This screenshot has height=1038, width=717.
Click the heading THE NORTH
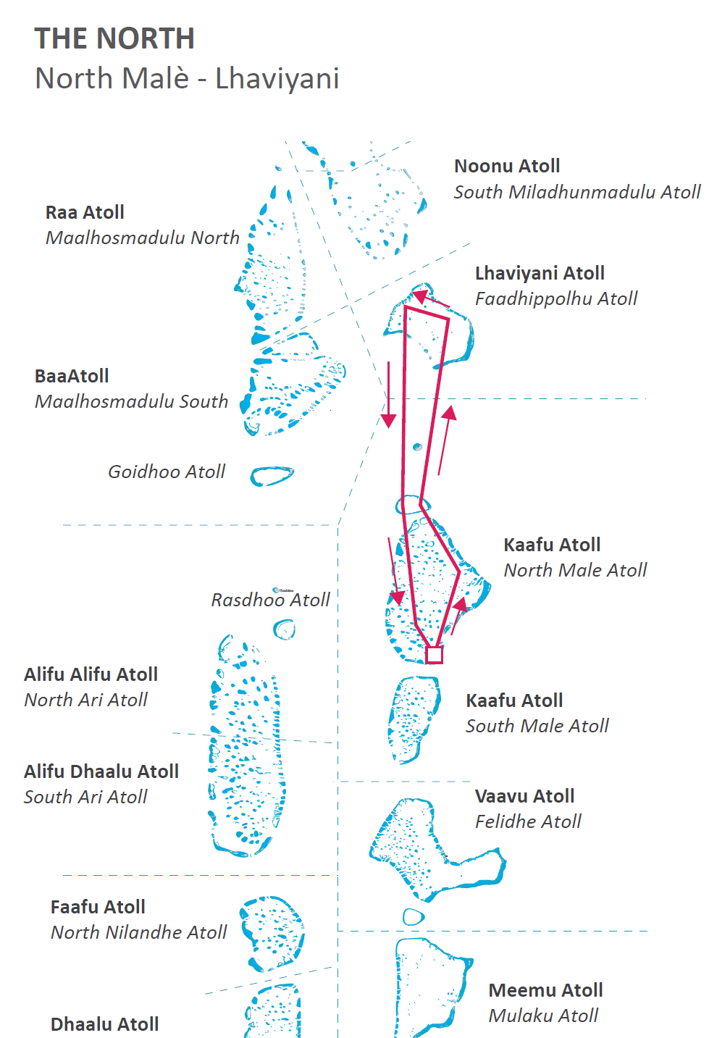click(x=114, y=38)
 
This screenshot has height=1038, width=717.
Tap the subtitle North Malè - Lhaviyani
click(x=187, y=78)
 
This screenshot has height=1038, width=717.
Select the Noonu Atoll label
click(x=507, y=166)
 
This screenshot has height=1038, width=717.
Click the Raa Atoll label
click(x=85, y=212)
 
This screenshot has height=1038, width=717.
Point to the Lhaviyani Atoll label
click(x=540, y=273)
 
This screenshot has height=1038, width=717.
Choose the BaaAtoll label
click(x=72, y=376)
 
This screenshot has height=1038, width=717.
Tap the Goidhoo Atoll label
click(x=167, y=472)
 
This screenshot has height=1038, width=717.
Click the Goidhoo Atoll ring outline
click(x=272, y=476)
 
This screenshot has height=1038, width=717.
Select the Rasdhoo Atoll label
click(x=270, y=600)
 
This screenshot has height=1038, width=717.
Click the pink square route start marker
click(x=434, y=655)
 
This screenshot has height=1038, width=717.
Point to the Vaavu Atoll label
click(x=524, y=796)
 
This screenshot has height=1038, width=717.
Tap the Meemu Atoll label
click(x=545, y=990)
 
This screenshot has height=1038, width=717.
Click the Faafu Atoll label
click(x=98, y=907)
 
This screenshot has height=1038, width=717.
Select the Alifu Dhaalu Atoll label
click(x=101, y=771)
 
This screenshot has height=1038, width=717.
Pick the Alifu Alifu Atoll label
click(x=91, y=674)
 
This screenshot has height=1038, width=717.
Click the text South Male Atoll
click(x=537, y=726)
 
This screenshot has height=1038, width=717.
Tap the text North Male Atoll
click(x=575, y=570)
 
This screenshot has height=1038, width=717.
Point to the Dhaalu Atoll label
click(x=104, y=1024)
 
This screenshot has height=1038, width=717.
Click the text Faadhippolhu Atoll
click(x=556, y=298)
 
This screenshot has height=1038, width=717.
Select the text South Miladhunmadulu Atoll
click(x=577, y=192)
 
